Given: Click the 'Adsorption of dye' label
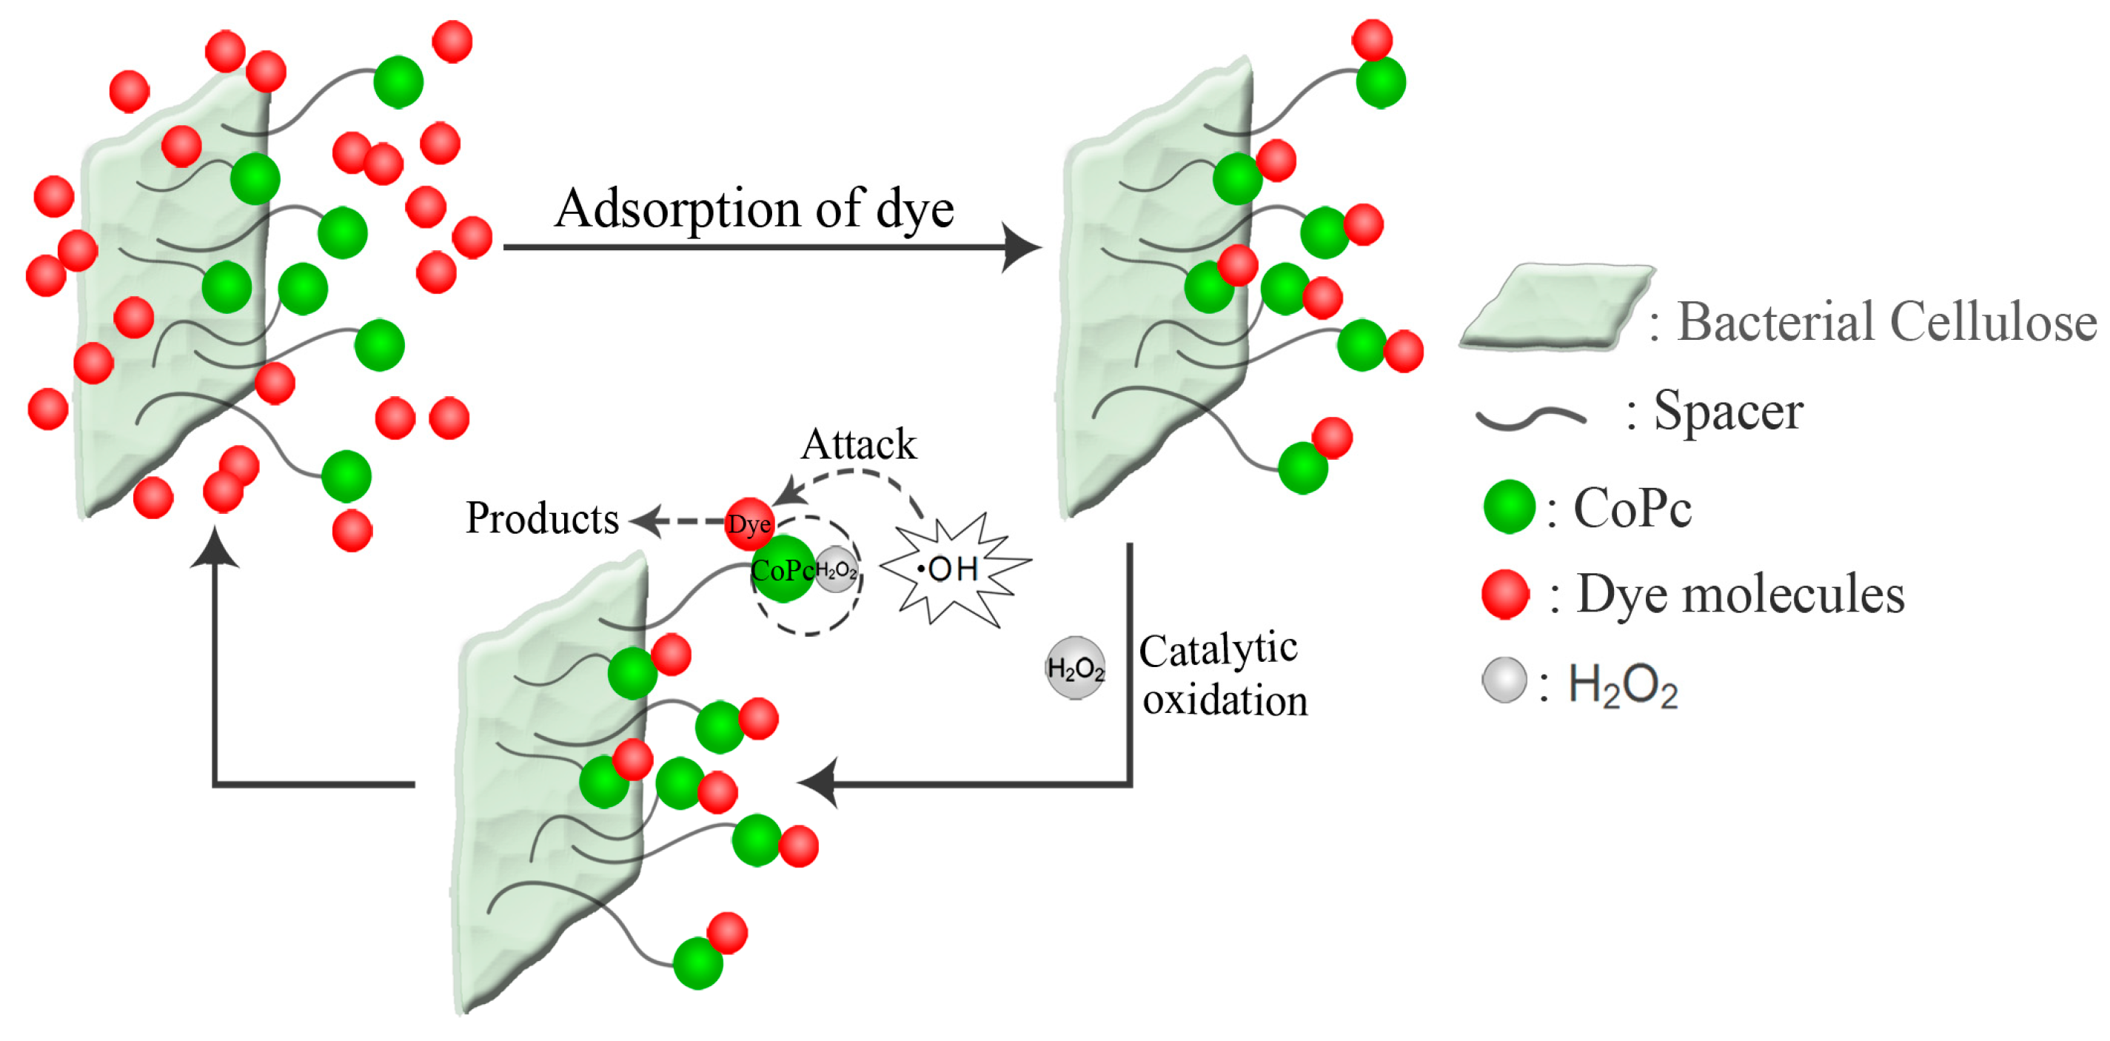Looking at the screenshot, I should [x=754, y=208].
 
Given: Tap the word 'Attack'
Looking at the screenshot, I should [x=857, y=445].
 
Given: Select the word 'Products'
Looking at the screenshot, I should [x=541, y=518].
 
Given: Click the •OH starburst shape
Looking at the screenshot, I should [x=954, y=569].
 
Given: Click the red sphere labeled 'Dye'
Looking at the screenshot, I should [x=748, y=523].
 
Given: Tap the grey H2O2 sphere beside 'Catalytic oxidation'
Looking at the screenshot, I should [x=1076, y=669].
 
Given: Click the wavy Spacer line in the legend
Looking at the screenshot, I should [x=1530, y=418].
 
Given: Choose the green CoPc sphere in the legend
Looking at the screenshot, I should [x=1509, y=507].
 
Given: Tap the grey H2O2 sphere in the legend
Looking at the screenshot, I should [x=1504, y=680].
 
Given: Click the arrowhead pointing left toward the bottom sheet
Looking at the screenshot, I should [x=819, y=783].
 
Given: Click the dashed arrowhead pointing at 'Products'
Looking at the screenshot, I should [x=646, y=520].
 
